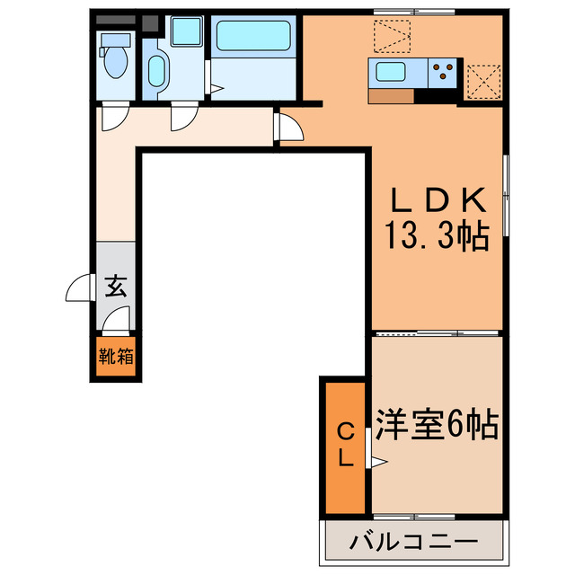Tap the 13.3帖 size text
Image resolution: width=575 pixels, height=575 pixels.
[x=438, y=235]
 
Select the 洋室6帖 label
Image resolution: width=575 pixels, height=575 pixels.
[x=437, y=423]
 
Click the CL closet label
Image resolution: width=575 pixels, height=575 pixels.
[x=345, y=445]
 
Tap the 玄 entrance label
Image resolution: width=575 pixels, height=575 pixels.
[x=116, y=287]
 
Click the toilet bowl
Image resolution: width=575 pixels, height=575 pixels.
[x=115, y=63]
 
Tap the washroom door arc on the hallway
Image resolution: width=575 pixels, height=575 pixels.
[x=184, y=118]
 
